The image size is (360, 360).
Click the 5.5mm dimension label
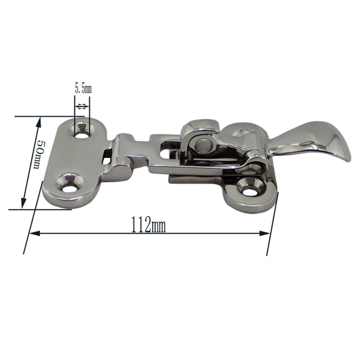83,89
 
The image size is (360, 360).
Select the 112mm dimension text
148,224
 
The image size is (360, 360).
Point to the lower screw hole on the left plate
70,185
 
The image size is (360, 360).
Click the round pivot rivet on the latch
202,144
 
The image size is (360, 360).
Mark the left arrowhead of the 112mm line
35,233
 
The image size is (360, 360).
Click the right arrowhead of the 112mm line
265,234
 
